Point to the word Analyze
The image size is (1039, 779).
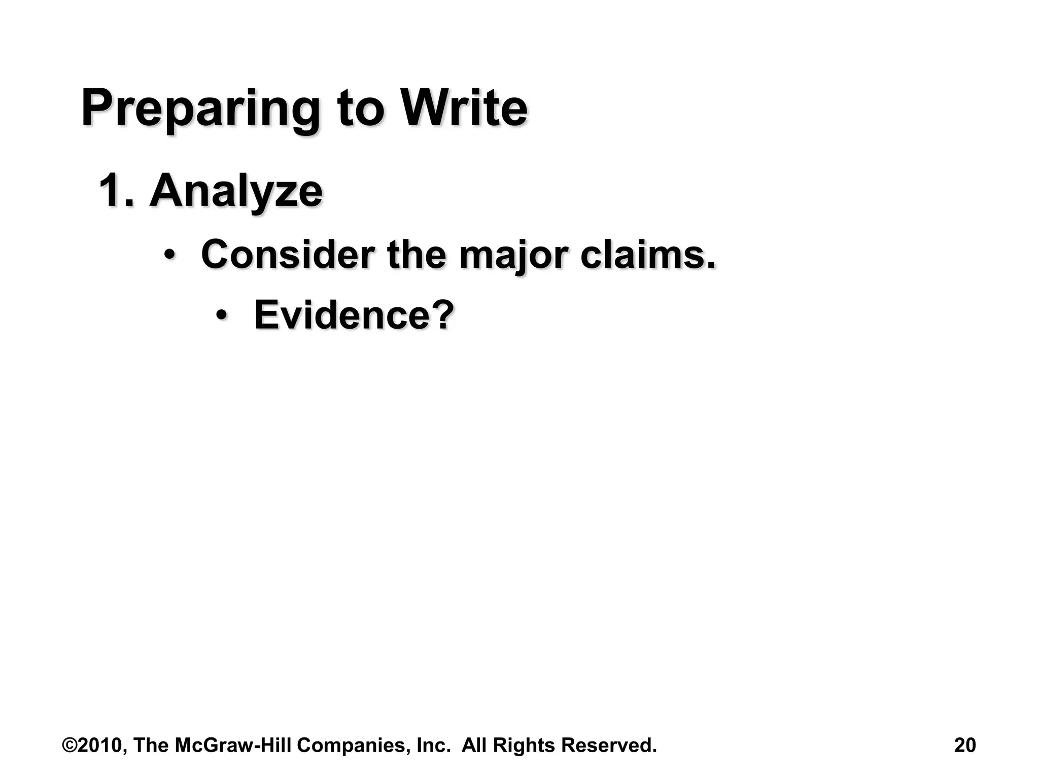[236, 192]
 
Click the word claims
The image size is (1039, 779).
[648, 255]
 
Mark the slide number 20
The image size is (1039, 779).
[964, 746]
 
